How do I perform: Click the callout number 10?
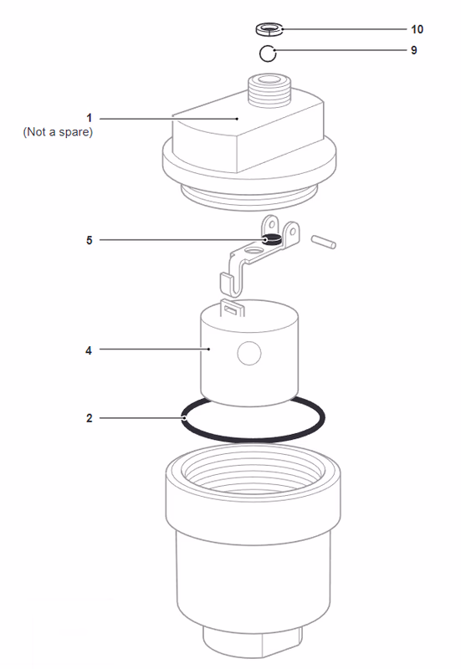point(417,29)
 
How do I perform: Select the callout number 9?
point(413,50)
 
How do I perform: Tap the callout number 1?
point(89,118)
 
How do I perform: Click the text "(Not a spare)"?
point(58,132)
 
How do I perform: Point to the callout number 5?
point(89,240)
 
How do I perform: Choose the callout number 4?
point(89,350)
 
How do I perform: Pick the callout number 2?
point(89,417)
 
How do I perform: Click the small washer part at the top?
point(269,30)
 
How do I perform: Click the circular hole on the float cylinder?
point(248,355)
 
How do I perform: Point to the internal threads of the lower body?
point(251,481)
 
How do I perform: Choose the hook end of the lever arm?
point(228,284)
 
